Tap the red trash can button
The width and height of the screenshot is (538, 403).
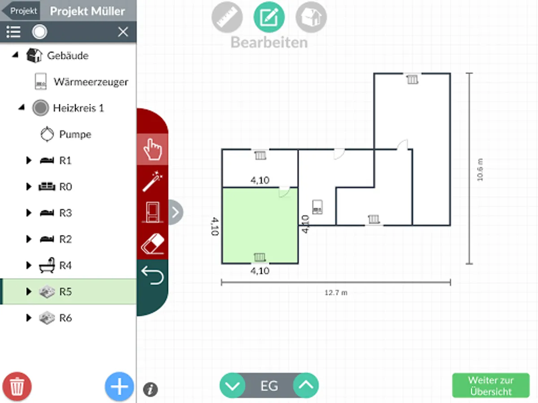17,386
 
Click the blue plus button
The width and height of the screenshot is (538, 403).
119,386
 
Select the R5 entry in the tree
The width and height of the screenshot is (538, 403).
66,292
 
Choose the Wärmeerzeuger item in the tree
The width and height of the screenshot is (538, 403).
91,82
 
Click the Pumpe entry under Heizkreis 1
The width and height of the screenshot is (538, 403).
75,134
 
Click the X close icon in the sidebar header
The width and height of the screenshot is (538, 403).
123,32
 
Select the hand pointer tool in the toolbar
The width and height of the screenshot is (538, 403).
152,150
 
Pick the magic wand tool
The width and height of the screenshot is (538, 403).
152,182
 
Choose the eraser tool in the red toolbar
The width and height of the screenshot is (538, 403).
152,244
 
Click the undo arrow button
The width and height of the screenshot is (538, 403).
152,275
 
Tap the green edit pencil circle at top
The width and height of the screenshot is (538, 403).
269,17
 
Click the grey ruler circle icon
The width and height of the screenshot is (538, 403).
227,17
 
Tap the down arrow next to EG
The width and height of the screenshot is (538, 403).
233,385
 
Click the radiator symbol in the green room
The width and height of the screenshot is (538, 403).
259,257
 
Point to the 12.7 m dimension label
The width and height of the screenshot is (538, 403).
336,293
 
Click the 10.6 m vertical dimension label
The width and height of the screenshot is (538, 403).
480,169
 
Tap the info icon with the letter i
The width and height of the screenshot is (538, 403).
150,389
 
